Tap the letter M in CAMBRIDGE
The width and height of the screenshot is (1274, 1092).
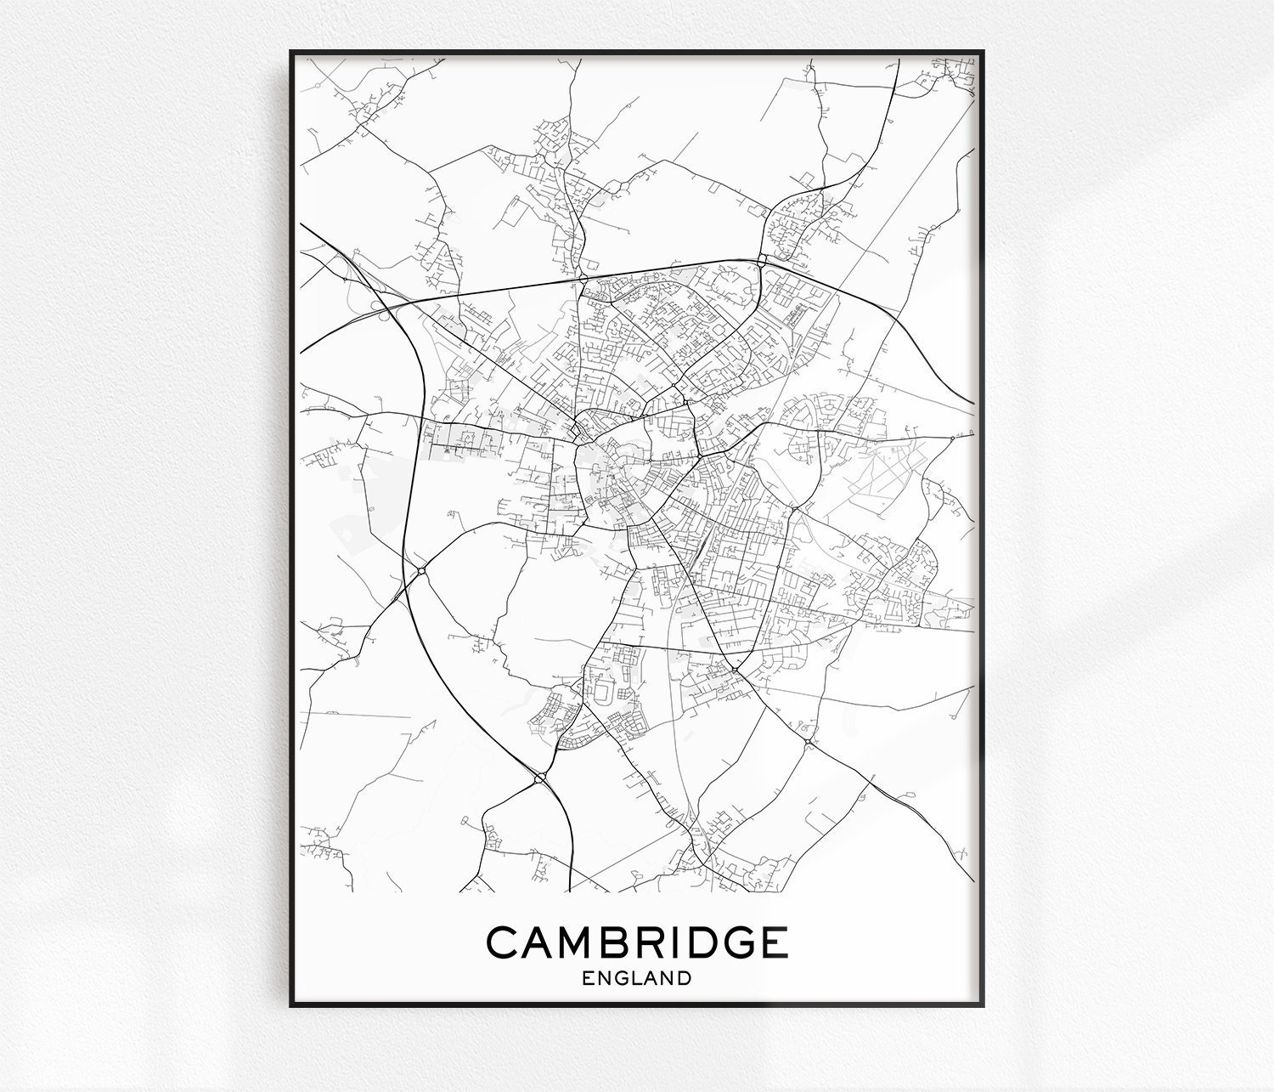576,943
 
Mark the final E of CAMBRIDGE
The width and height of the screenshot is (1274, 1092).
772,943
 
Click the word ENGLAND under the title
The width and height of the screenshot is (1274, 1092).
637,978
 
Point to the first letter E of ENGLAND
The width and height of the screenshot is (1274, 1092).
588,978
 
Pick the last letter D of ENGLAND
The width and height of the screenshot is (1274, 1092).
685,978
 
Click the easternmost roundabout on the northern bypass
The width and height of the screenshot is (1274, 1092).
762,259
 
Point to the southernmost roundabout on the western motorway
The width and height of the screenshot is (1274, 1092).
540,777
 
